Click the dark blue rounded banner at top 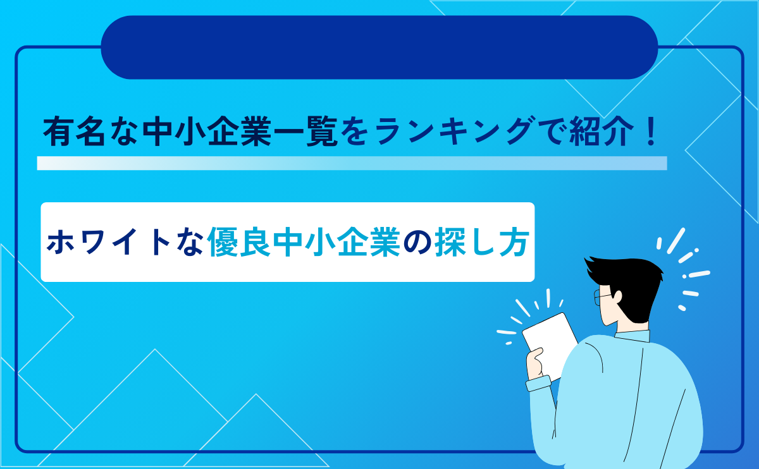[379, 47]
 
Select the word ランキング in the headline [454, 131]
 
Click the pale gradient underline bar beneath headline [352, 163]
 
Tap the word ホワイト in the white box [108, 242]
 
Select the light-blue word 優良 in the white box [239, 242]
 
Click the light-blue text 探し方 [482, 242]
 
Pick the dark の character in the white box [417, 243]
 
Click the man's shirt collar [632, 336]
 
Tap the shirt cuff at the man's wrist [539, 383]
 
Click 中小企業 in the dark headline [207, 131]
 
